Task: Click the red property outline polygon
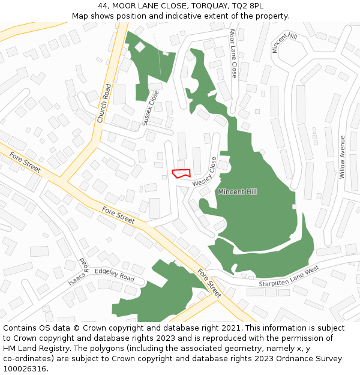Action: [181, 173]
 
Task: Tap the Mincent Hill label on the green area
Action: [237, 191]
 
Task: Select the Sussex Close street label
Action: [151, 108]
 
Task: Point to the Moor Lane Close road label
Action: [233, 53]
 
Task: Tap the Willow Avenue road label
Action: [342, 157]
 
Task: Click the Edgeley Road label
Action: [115, 275]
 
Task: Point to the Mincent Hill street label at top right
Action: [284, 43]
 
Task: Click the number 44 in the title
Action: [103, 6]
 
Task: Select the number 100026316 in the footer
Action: [25, 368]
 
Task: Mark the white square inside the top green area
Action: [140, 46]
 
